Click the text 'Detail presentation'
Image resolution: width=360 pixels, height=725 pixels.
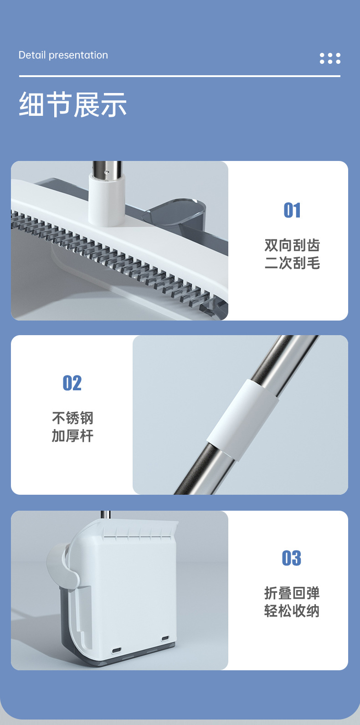(63, 55)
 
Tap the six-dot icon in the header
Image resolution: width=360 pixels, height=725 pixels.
(330, 58)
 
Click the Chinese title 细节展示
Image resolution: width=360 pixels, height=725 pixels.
(73, 104)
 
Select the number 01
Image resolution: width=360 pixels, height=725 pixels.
(292, 211)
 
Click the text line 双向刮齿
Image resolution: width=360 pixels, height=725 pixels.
(292, 245)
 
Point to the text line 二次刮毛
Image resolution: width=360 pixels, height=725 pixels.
(292, 263)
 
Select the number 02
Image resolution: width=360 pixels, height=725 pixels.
(72, 383)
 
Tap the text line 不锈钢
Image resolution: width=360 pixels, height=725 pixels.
(72, 418)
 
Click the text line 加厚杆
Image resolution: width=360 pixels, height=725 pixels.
(72, 436)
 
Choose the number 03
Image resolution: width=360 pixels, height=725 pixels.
(292, 558)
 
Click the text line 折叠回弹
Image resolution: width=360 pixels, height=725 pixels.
(292, 593)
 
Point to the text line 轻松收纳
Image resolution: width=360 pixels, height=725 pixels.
(292, 611)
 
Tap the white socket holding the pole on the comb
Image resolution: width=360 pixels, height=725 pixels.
(107, 201)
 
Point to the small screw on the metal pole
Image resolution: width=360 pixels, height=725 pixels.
(106, 173)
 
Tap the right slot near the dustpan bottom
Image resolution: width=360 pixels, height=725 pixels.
(165, 638)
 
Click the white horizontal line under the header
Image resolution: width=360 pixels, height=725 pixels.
(180, 76)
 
